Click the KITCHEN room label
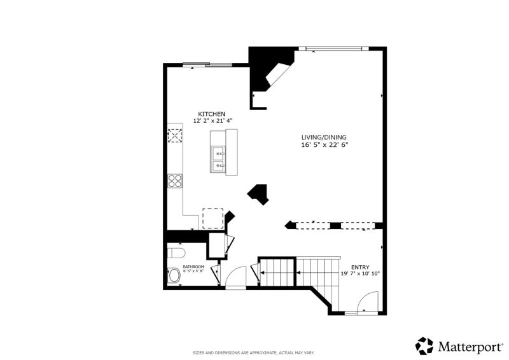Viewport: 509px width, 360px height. pyautogui.click(x=211, y=114)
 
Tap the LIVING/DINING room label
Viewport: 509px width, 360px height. pyautogui.click(x=324, y=137)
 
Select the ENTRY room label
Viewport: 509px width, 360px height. pyautogui.click(x=360, y=267)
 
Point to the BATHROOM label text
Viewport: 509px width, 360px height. pyautogui.click(x=193, y=267)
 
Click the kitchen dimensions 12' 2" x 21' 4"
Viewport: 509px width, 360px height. pyautogui.click(x=213, y=121)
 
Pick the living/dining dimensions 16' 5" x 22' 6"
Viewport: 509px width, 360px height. pyautogui.click(x=324, y=145)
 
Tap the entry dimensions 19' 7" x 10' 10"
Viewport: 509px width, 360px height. pyautogui.click(x=360, y=273)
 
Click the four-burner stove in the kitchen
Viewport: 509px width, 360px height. pyautogui.click(x=175, y=181)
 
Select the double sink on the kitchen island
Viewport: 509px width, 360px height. pyautogui.click(x=218, y=159)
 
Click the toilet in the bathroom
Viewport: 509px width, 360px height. pyautogui.click(x=176, y=253)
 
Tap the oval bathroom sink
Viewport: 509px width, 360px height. pyautogui.click(x=174, y=276)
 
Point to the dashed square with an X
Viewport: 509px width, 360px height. pyautogui.click(x=174, y=135)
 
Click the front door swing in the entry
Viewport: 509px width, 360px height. pyautogui.click(x=368, y=301)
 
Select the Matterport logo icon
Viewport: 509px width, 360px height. pyautogui.click(x=424, y=346)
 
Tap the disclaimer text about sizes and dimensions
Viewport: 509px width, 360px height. pyautogui.click(x=253, y=352)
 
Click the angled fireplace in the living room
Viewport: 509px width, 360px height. pyautogui.click(x=277, y=74)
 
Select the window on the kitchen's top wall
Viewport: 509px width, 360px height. pyautogui.click(x=207, y=65)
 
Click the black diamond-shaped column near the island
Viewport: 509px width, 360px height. pyautogui.click(x=258, y=195)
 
